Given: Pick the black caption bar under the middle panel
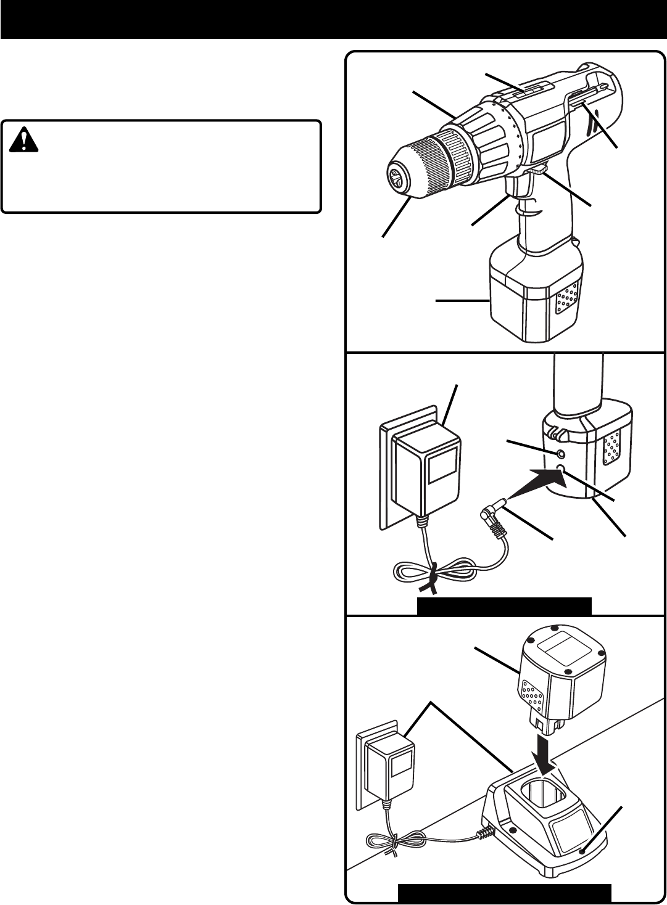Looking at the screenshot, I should tap(504, 607).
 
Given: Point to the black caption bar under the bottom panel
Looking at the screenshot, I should tap(504, 893).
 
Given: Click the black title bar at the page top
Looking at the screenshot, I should tap(333, 18).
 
